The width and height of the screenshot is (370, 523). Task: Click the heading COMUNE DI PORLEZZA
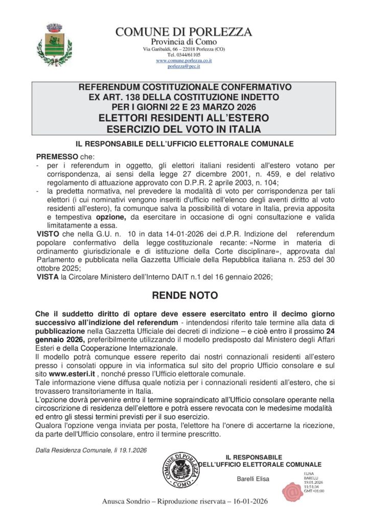click(184, 32)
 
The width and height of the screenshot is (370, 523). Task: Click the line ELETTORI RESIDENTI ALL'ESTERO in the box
click(184, 118)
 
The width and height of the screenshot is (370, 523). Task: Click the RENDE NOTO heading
click(184, 296)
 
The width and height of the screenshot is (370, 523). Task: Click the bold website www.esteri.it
click(74, 374)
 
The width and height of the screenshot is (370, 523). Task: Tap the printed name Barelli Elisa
click(252, 479)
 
